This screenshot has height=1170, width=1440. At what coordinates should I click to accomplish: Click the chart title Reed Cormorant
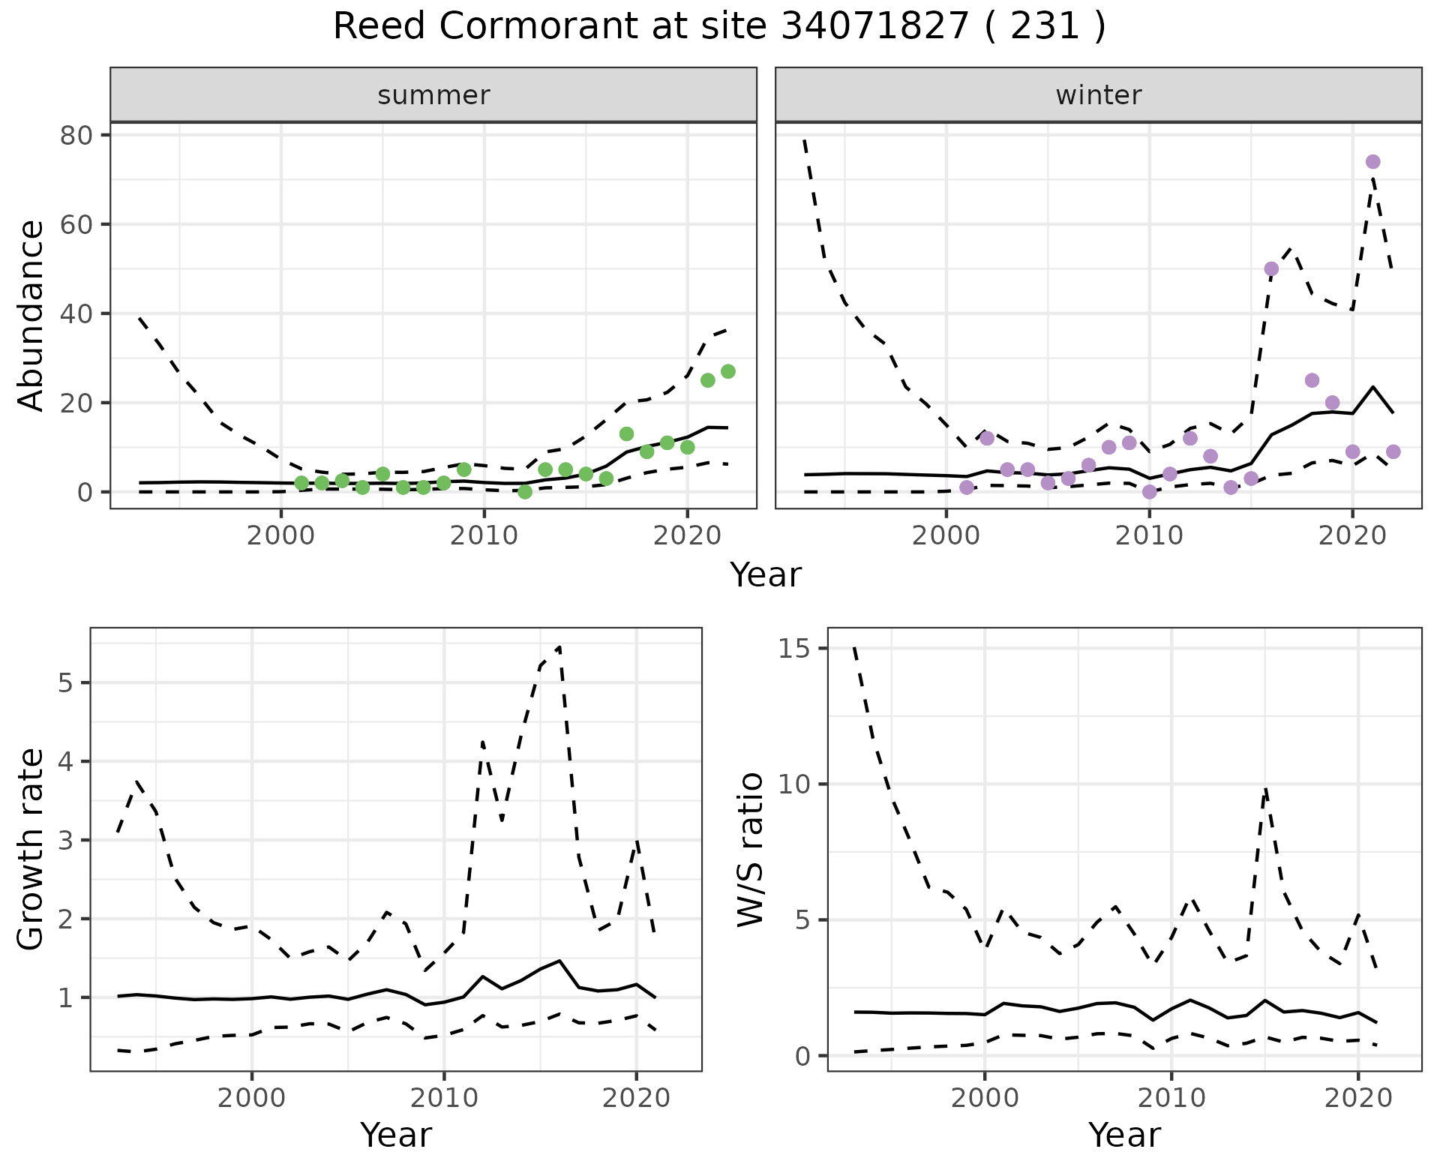(718, 27)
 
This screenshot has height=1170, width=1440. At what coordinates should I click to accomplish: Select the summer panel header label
(433, 95)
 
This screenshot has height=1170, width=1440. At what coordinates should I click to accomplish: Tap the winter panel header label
(1098, 95)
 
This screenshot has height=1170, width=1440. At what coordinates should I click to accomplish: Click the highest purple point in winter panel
(1372, 162)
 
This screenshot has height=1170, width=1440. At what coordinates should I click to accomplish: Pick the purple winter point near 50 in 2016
(1271, 268)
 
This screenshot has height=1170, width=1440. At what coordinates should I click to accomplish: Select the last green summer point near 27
(727, 371)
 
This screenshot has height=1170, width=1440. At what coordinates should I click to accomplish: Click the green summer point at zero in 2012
(525, 492)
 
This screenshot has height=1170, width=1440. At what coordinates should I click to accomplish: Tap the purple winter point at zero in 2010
(1149, 492)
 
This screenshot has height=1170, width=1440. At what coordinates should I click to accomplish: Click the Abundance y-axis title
(31, 315)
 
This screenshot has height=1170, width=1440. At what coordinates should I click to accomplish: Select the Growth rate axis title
(31, 849)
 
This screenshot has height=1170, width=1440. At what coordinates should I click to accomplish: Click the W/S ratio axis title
(750, 849)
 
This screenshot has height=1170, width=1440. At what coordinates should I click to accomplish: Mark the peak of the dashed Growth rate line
(559, 646)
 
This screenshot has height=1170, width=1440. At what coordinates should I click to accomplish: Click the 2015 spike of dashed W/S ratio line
(1265, 787)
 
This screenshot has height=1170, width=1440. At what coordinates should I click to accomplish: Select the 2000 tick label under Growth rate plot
(252, 1098)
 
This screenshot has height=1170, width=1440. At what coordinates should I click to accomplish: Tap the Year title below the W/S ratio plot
(1124, 1135)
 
